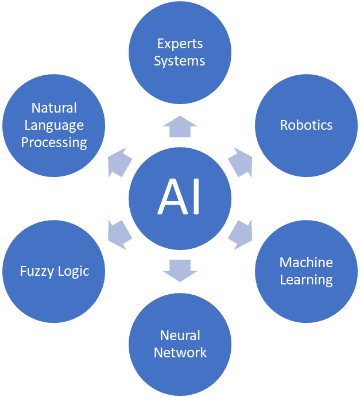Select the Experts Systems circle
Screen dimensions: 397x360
180,52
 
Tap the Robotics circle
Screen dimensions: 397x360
306,125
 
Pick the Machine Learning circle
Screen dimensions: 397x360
306,271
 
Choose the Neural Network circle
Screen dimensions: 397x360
180,344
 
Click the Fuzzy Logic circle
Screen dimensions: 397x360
54,271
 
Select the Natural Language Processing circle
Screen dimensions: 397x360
54,125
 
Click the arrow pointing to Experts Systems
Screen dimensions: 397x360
180,126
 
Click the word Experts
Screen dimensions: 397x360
180,44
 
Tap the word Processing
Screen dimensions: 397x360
54,142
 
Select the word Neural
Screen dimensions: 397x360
180,336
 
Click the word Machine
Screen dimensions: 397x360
306,263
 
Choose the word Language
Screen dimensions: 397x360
54,125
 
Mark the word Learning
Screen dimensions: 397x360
306,280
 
